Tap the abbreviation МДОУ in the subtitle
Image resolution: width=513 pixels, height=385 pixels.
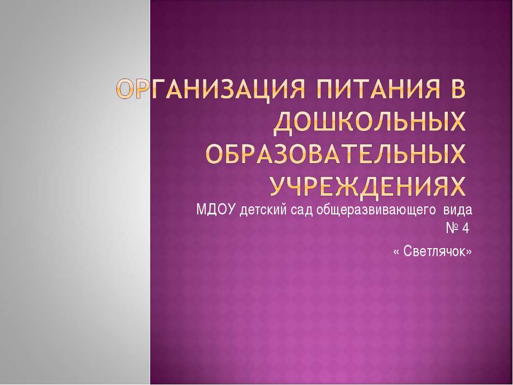216,209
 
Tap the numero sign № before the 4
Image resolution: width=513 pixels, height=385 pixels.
452,229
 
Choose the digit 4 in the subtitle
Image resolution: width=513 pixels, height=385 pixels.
465,229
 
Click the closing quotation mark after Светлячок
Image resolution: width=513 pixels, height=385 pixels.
469,251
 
